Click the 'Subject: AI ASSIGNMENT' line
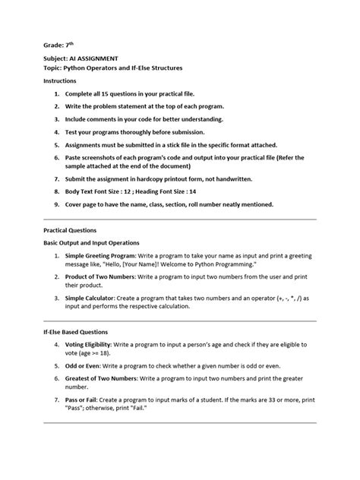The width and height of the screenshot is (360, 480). [x=83, y=58]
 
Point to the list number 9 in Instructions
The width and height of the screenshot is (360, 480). [x=56, y=204]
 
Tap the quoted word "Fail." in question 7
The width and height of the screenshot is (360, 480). [x=141, y=407]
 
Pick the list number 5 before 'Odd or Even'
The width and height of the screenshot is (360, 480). [x=56, y=365]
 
